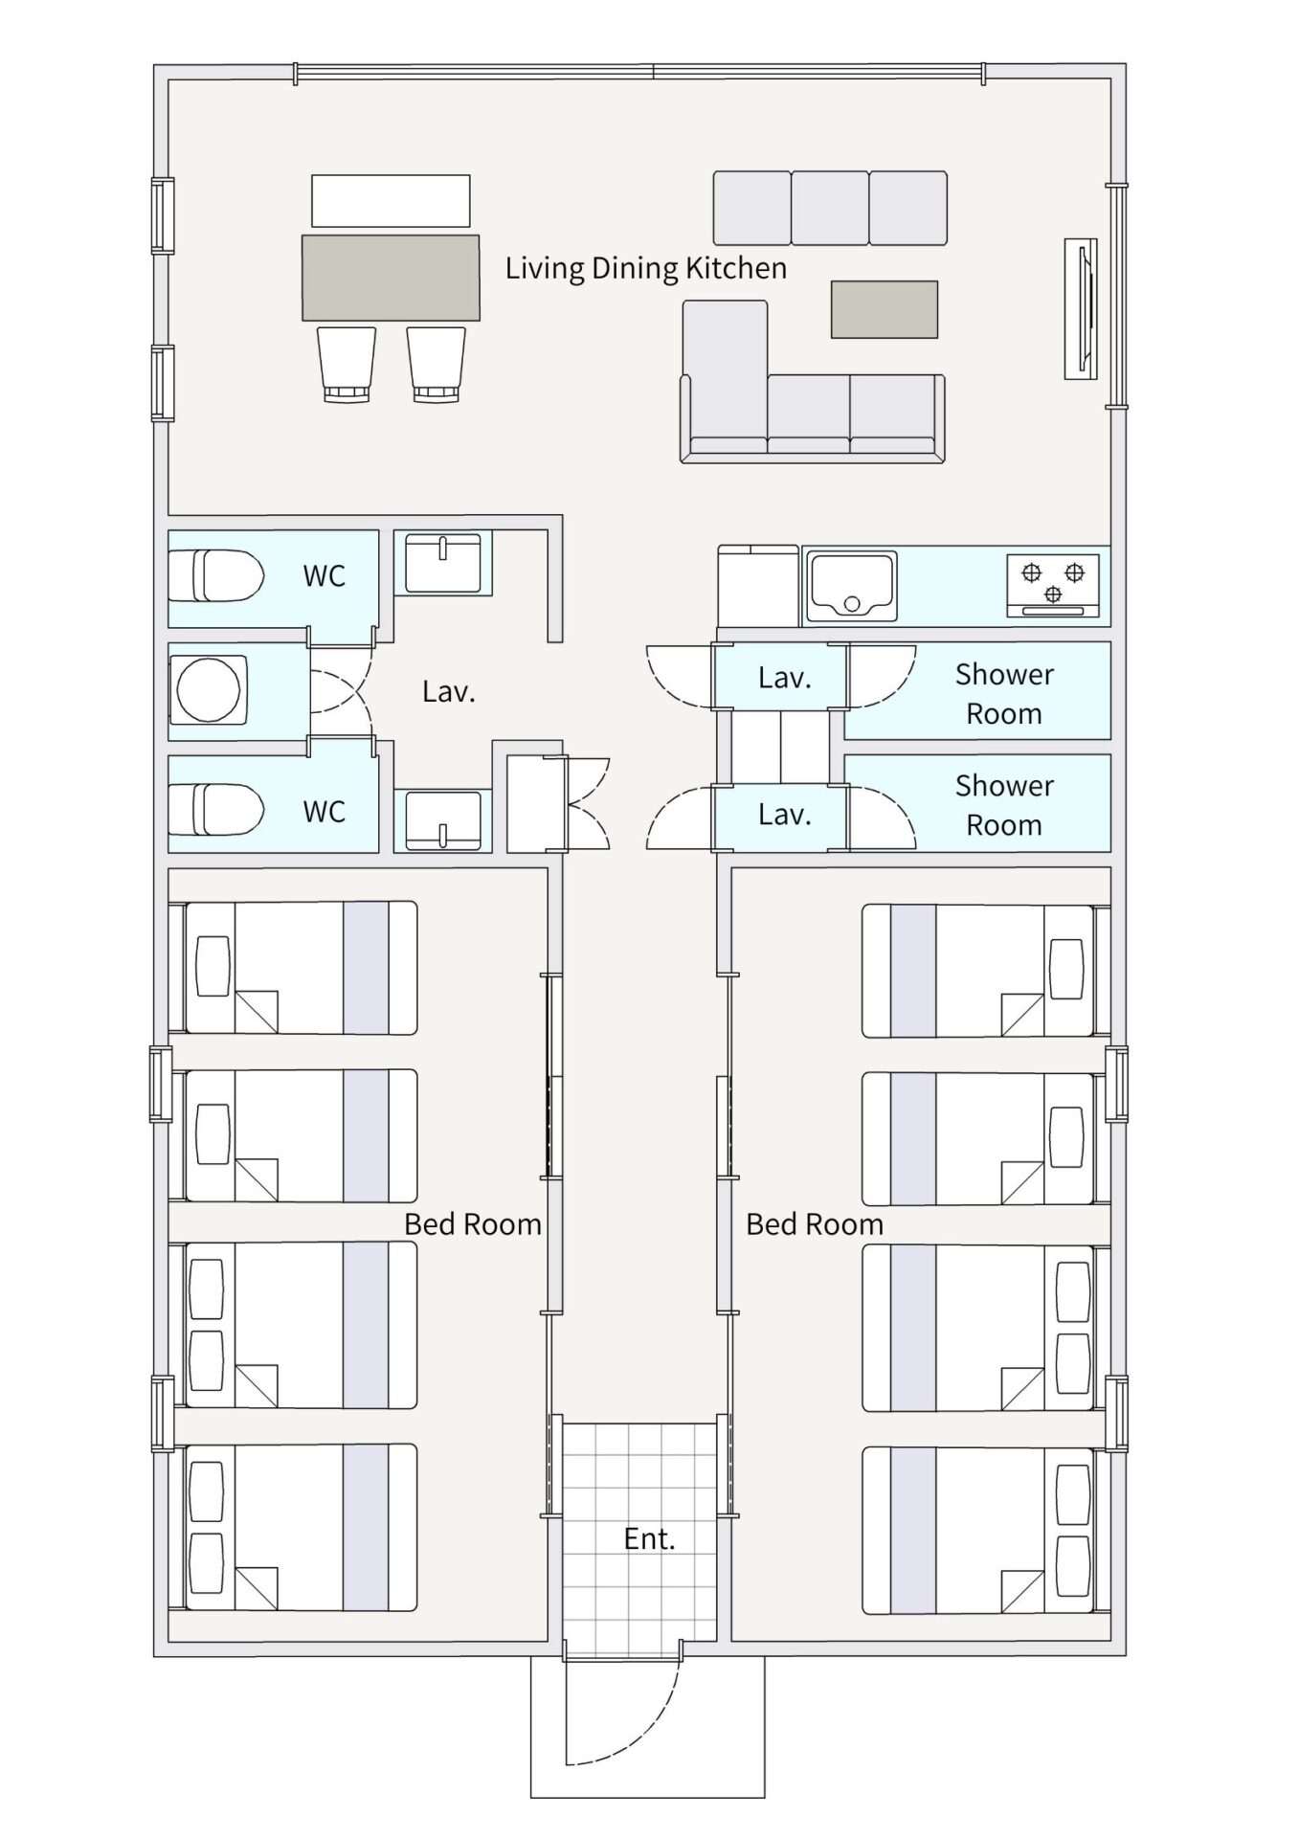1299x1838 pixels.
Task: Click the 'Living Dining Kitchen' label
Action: tap(646, 268)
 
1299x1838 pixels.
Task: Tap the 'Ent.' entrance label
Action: tap(649, 1538)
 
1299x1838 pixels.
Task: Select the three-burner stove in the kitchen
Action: tap(1053, 585)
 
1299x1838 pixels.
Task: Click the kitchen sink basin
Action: tap(852, 585)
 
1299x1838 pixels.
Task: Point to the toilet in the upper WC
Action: tap(217, 575)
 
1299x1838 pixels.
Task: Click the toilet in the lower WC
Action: tap(217, 809)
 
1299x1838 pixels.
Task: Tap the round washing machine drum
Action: tap(209, 689)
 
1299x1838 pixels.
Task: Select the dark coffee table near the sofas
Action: tap(884, 309)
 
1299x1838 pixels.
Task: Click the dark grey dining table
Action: tap(391, 278)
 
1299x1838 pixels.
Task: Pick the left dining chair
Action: tap(346, 364)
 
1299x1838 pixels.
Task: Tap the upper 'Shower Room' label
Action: tap(1004, 693)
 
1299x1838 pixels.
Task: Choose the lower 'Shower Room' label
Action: tap(1004, 804)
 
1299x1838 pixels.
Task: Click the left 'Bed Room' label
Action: tap(473, 1224)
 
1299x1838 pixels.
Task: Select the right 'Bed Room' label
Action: tap(815, 1224)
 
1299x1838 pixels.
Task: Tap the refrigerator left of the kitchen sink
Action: tap(758, 586)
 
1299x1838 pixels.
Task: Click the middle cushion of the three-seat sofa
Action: tap(830, 208)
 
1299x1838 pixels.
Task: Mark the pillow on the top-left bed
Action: tap(213, 967)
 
